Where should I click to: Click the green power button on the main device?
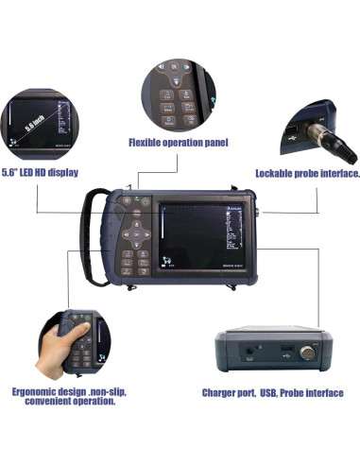coord(137,200)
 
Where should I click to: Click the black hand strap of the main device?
coord(91,236)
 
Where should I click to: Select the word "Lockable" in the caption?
coord(275,174)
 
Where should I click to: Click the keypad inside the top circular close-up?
coord(174,95)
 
